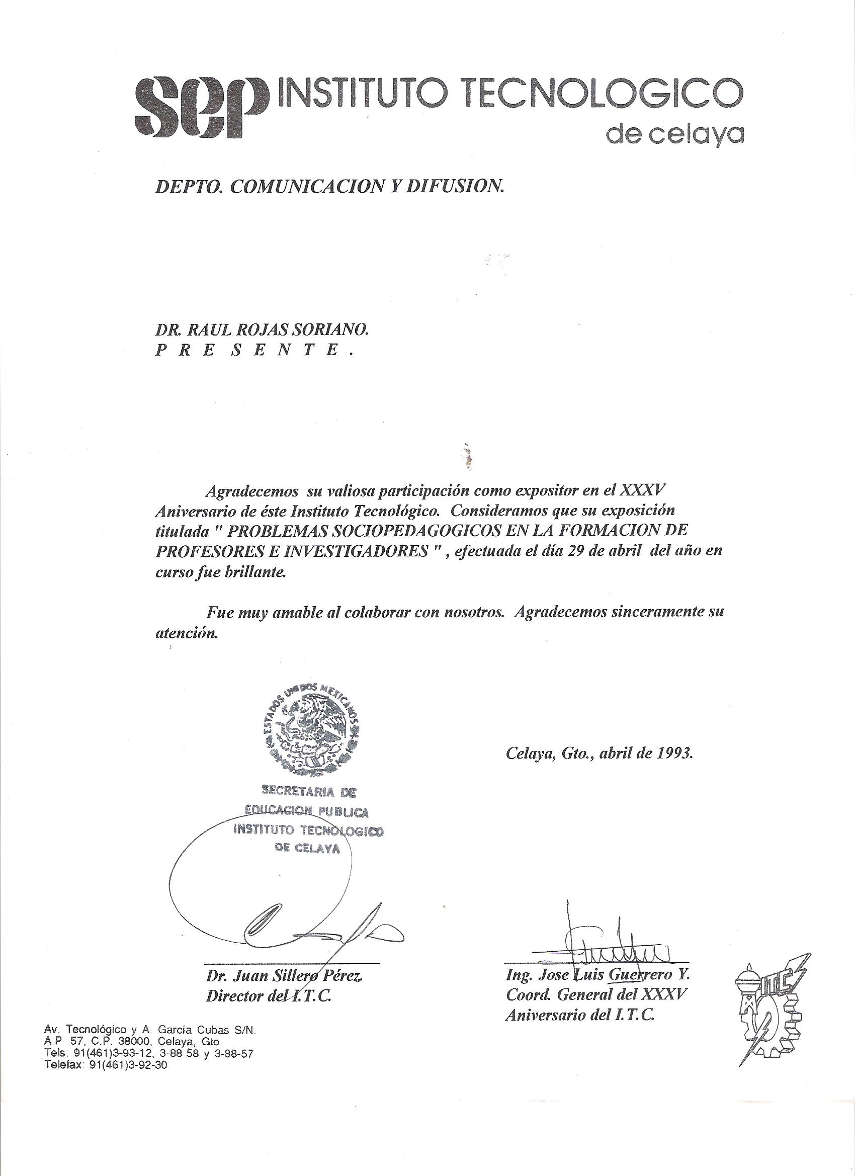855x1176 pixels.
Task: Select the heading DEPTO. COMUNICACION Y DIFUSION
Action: (329, 187)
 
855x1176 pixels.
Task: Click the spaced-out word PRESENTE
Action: (254, 351)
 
